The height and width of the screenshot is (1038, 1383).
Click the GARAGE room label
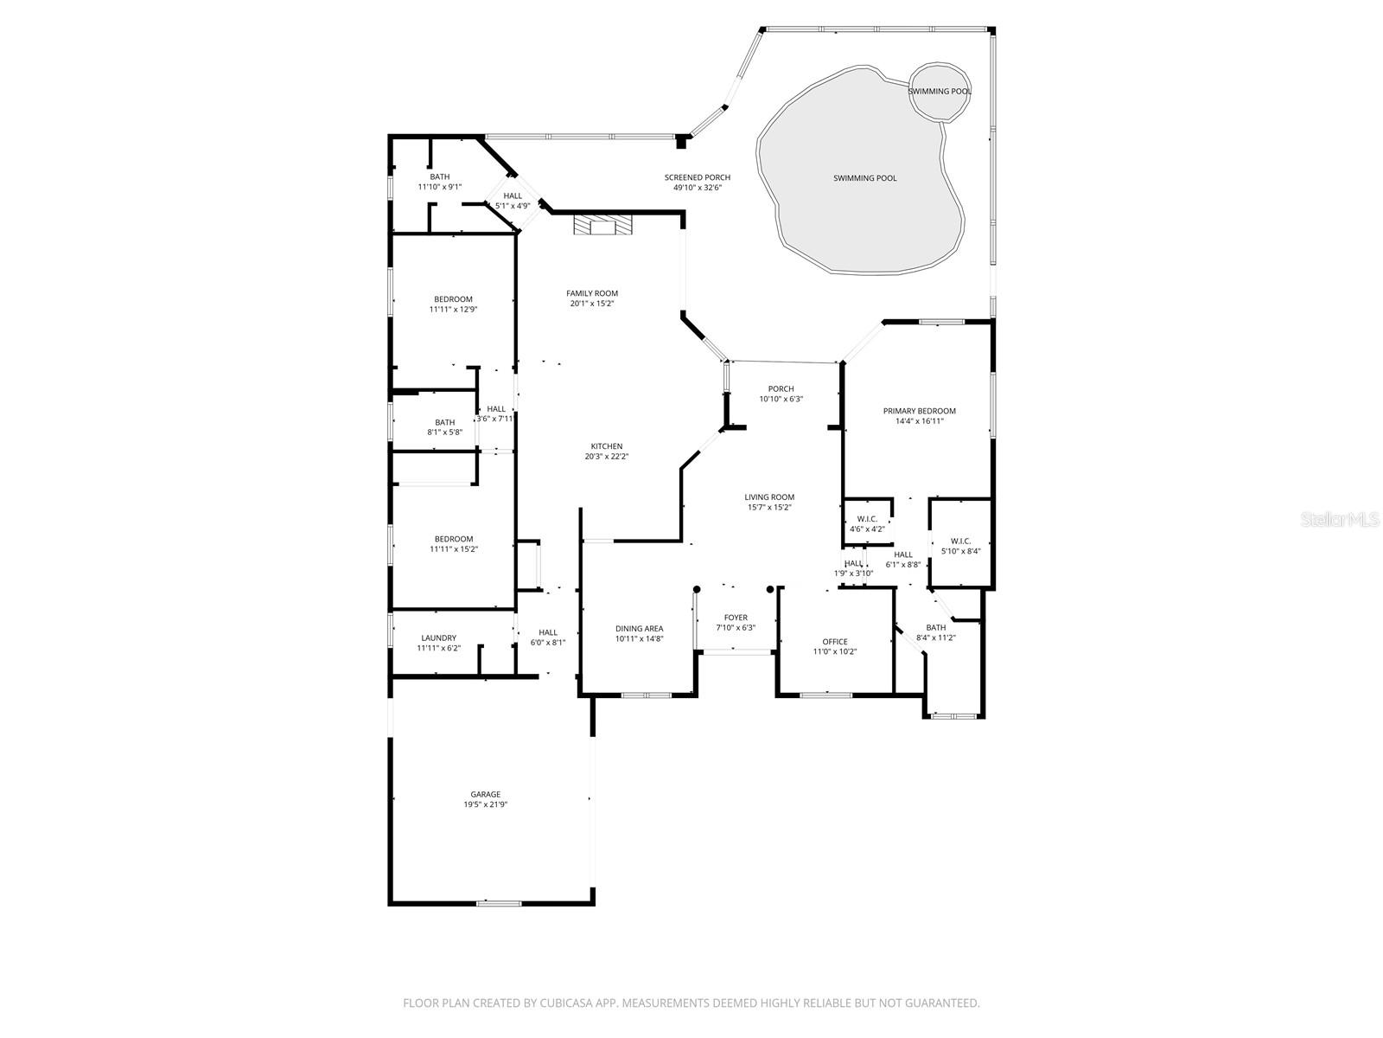(x=485, y=794)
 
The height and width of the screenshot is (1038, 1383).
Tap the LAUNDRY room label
(x=438, y=638)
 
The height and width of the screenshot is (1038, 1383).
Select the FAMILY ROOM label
(x=592, y=293)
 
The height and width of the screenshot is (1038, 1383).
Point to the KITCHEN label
(x=606, y=446)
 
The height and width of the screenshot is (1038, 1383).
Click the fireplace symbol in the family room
(x=602, y=227)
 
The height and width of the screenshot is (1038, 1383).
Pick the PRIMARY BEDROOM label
(x=919, y=411)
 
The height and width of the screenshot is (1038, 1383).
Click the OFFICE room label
(x=834, y=642)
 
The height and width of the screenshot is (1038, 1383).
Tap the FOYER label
(x=736, y=618)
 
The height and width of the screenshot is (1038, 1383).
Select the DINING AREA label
(x=639, y=629)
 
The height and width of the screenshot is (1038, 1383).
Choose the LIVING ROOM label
(x=769, y=497)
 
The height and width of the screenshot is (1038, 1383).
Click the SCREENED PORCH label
(x=697, y=177)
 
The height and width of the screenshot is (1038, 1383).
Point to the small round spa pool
(x=939, y=91)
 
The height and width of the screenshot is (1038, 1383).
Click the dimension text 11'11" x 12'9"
(x=453, y=309)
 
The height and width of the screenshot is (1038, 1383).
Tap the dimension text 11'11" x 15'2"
(x=453, y=548)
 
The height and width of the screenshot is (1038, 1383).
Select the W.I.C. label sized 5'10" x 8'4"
(x=960, y=541)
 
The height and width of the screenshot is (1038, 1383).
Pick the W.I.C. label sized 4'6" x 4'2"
(x=867, y=519)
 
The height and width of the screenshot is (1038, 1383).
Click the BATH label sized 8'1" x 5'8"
(x=444, y=422)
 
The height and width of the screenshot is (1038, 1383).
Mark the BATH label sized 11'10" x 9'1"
(x=439, y=176)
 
